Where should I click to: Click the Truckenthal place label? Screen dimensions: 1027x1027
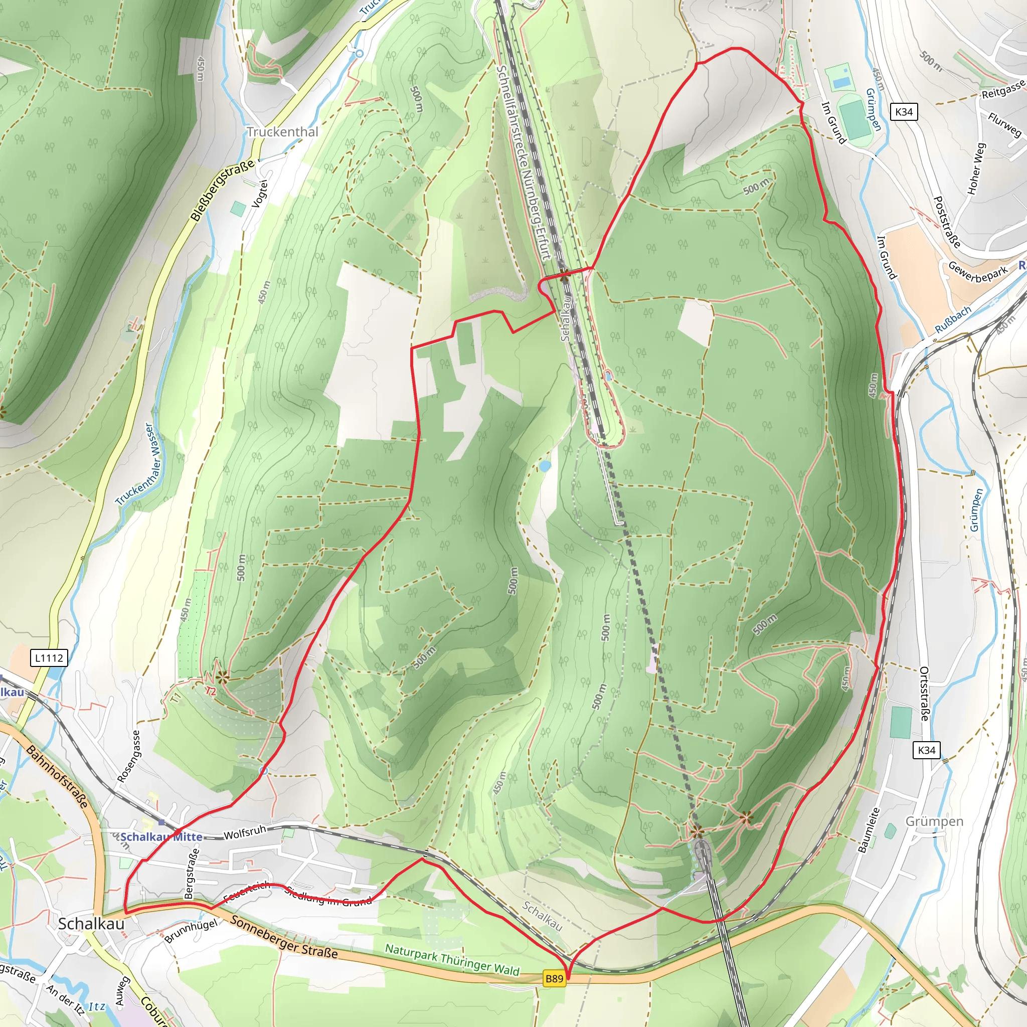282,132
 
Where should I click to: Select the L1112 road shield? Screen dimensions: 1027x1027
49,658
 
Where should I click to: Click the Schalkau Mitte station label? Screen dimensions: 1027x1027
161,837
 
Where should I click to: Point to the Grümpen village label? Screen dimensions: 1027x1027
934,821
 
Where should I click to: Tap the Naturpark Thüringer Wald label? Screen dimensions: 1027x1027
452,959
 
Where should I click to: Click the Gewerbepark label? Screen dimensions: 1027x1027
978,274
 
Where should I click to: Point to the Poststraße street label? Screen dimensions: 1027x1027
947,222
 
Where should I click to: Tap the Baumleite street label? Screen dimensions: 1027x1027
869,830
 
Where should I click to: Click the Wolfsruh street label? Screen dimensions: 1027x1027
245,833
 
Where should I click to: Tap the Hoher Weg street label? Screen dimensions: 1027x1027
976,168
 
